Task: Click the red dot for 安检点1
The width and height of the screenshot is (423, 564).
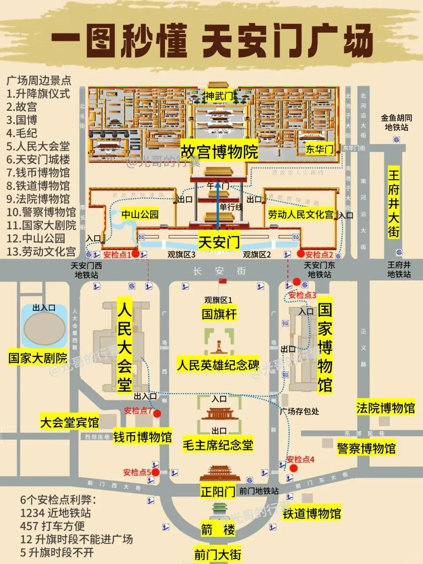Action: click(x=136, y=254)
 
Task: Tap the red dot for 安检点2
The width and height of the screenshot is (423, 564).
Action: click(x=301, y=254)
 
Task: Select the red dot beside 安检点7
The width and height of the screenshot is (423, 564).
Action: click(x=157, y=413)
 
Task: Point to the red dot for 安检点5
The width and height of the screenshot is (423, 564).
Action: click(x=155, y=472)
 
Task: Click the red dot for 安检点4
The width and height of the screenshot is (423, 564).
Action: click(x=294, y=468)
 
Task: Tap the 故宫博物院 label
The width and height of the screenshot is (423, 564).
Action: click(x=219, y=152)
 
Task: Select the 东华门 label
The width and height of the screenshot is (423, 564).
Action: click(x=320, y=149)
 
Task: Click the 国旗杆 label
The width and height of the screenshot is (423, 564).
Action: click(x=219, y=314)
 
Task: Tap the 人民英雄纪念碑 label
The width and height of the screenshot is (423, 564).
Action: click(x=218, y=365)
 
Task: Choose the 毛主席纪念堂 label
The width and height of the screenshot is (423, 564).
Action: click(x=218, y=445)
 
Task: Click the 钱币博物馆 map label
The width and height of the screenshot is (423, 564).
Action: click(x=143, y=437)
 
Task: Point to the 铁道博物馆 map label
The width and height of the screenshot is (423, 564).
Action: click(x=312, y=513)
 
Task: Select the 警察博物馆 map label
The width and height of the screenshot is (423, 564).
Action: click(x=366, y=448)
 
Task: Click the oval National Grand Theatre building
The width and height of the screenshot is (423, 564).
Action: click(x=44, y=328)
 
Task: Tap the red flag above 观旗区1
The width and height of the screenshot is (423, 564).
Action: click(x=222, y=281)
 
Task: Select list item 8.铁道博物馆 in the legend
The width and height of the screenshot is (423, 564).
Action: click(x=38, y=186)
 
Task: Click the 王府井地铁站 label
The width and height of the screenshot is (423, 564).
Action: click(x=399, y=269)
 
